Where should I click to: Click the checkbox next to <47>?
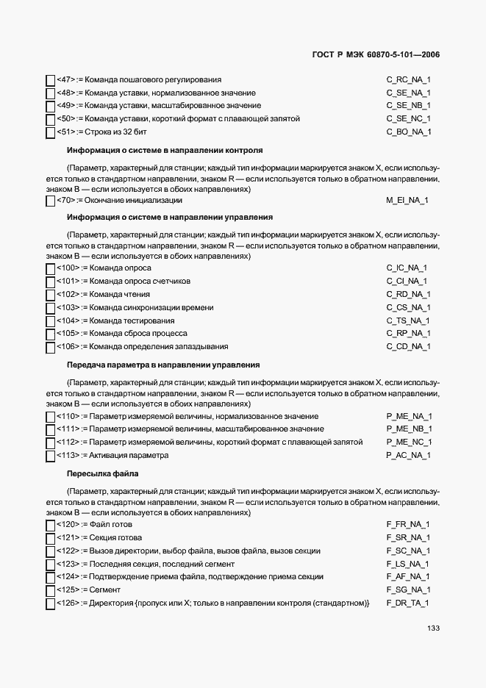pyautogui.click(x=50, y=80)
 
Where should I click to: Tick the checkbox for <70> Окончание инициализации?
pyautogui.click(x=50, y=201)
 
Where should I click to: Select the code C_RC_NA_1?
pyautogui.click(x=408, y=79)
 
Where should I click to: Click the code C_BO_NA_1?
pyautogui.click(x=408, y=132)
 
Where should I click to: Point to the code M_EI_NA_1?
pyautogui.click(x=407, y=200)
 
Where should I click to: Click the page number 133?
pyautogui.click(x=432, y=628)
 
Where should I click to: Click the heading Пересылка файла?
pyautogui.click(x=102, y=473)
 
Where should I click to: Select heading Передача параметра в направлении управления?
pyautogui.click(x=162, y=365)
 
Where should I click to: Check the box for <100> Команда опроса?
pyautogui.click(x=50, y=268)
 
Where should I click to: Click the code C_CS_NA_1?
pyautogui.click(x=408, y=307)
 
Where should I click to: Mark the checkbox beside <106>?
pyautogui.click(x=50, y=348)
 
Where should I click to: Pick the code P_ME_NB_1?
pyautogui.click(x=409, y=429)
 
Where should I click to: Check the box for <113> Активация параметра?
pyautogui.click(x=50, y=456)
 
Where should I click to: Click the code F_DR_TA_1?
pyautogui.click(x=407, y=603)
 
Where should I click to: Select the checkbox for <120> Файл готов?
pyautogui.click(x=50, y=525)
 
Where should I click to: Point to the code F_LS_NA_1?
pyautogui.click(x=408, y=564)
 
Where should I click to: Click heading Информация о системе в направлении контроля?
pyautogui.click(x=165, y=150)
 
